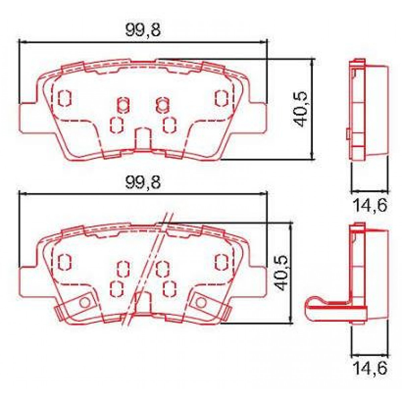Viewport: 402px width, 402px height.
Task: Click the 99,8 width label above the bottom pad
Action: click(143, 182)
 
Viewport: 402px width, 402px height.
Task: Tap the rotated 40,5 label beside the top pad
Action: click(299, 109)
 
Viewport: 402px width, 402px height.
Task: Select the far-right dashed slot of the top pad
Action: click(221, 98)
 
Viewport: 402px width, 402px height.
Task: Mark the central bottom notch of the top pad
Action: click(143, 139)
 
